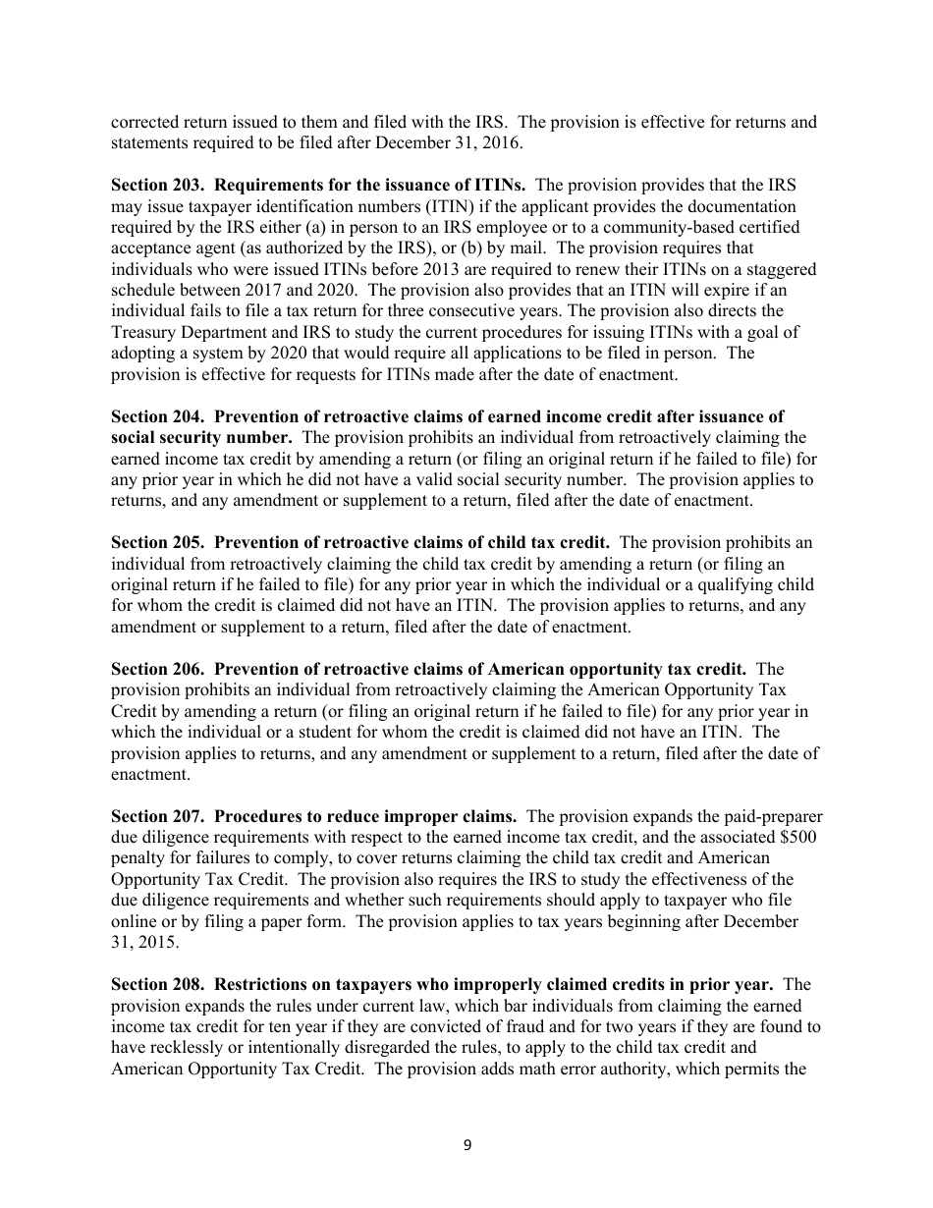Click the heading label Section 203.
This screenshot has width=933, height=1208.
(157, 185)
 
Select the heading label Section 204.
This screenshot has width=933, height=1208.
(157, 417)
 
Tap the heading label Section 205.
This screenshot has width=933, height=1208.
(157, 543)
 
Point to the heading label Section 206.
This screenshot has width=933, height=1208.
(157, 669)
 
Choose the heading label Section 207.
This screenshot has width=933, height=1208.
(157, 816)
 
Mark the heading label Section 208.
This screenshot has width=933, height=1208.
(157, 984)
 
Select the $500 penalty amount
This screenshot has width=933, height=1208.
(800, 838)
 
